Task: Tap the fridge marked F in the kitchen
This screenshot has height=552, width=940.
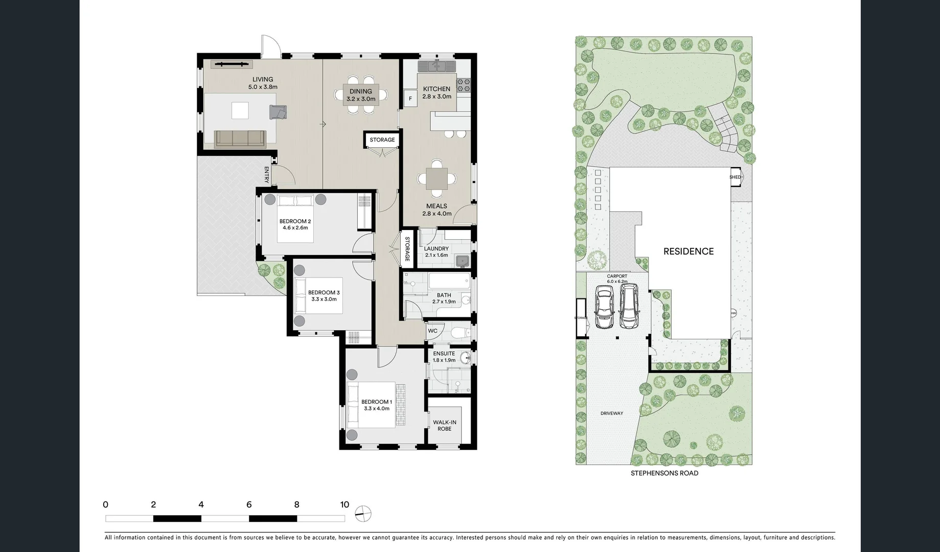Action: click(409, 99)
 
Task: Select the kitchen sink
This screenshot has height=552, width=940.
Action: click(437, 66)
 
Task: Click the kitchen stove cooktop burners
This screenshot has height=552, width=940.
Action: click(464, 85)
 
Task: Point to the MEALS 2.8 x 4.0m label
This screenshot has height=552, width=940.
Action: click(437, 210)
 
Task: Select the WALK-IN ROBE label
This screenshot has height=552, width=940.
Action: click(444, 425)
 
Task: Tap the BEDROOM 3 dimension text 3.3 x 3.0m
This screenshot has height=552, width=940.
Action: click(324, 299)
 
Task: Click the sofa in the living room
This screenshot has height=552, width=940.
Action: click(240, 138)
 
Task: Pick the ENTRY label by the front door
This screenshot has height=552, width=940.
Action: click(266, 175)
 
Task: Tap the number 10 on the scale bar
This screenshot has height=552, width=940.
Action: click(345, 505)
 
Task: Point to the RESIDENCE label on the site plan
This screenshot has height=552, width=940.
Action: click(688, 251)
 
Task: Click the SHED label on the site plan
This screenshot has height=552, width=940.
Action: click(735, 177)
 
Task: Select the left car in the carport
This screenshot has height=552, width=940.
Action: click(604, 307)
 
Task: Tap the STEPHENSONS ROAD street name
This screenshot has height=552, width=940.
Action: click(664, 473)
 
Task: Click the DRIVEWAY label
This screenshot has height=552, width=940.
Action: click(611, 413)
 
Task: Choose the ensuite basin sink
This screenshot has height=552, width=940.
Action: click(465, 358)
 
